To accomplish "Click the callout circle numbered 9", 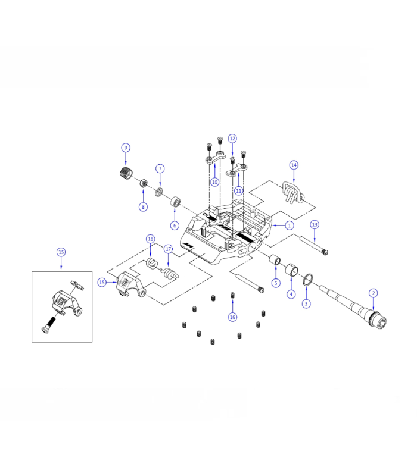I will [x=125, y=147].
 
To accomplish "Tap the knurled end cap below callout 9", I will [x=126, y=175].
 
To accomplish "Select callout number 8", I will [x=143, y=207].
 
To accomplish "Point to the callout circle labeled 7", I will [x=160, y=168].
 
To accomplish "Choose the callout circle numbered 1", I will [x=290, y=226].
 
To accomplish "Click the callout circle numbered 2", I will [x=373, y=293].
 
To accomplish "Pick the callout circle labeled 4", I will [x=291, y=294].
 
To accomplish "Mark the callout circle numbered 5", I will [x=276, y=283].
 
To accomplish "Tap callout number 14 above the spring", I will [x=294, y=164].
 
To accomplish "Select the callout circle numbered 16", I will [x=232, y=317].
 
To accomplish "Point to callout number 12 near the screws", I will [x=232, y=138].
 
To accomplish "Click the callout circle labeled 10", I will [x=214, y=181].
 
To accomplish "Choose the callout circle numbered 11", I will [x=239, y=191].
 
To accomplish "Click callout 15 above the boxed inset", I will [x=61, y=252].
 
